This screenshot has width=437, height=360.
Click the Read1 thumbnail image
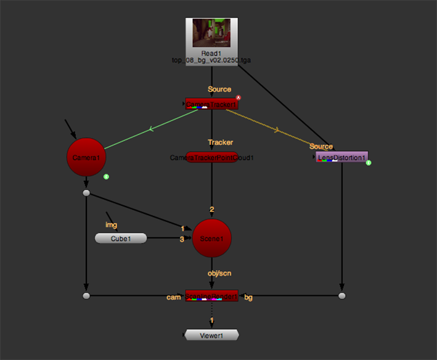click(211, 33)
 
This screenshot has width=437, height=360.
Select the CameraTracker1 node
click(211, 104)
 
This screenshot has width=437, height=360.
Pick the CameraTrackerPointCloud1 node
click(212, 158)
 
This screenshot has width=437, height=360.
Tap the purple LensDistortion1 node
click(341, 157)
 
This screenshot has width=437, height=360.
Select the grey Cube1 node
click(121, 238)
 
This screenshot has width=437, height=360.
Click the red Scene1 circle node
click(216, 239)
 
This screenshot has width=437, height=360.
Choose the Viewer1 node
click(211, 335)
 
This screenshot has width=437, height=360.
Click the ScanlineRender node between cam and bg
click(211, 296)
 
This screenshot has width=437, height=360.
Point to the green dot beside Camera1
click(106, 177)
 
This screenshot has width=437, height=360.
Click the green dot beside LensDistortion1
click(369, 163)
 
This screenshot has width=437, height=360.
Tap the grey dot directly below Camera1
click(86, 194)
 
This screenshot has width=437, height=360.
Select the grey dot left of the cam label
click(86, 296)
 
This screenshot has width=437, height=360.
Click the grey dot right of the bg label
click(341, 296)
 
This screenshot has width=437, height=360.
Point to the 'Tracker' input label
click(220, 142)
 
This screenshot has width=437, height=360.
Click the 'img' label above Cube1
click(111, 225)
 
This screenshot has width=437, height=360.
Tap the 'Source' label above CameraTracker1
click(219, 89)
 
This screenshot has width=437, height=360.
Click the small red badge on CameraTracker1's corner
click(238, 98)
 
